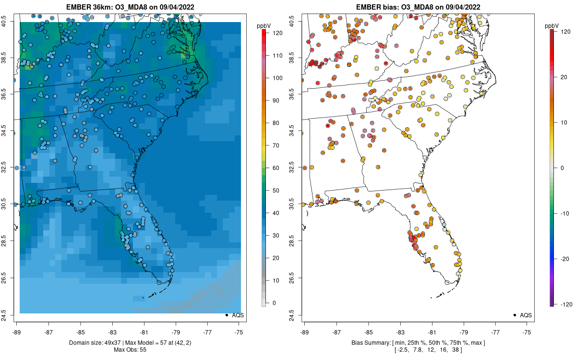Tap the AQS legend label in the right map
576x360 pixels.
(526, 315)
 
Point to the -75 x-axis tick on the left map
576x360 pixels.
(239, 332)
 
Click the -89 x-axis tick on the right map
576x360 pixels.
(305, 332)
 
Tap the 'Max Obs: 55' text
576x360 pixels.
(130, 349)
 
